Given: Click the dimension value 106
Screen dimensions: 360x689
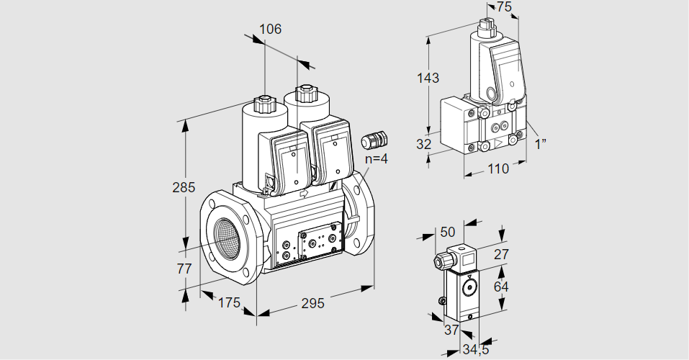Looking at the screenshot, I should [270, 30].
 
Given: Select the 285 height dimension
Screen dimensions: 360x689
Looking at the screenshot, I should [184, 189].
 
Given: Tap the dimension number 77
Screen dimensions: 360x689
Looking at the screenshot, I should [184, 269].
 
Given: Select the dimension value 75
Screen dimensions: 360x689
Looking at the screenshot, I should [504, 7].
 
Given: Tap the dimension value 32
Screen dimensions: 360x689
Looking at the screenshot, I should [424, 144].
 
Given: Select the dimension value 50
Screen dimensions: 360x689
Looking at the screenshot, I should [448, 232].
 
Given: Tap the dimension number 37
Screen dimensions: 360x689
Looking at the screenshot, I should [451, 330].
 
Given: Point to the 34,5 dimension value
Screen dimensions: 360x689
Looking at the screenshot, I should [475, 350].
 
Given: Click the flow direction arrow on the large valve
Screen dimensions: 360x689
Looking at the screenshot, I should [303, 193].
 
